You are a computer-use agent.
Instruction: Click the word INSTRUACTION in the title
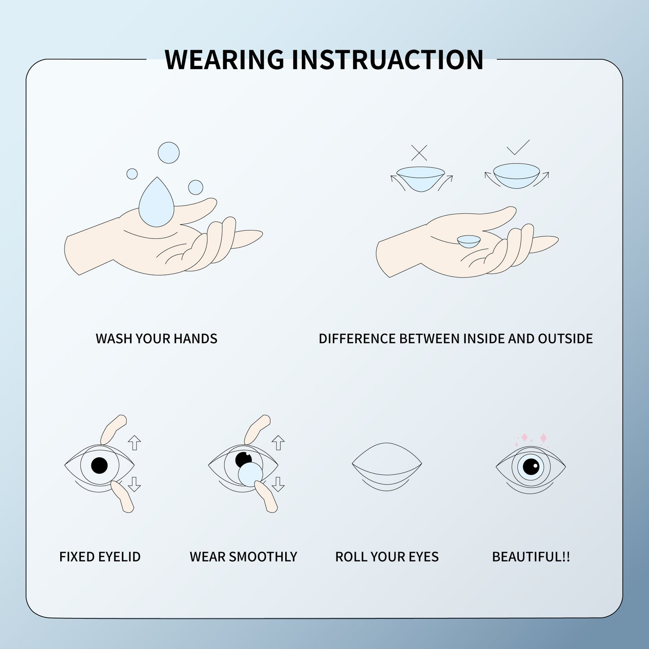click(387, 59)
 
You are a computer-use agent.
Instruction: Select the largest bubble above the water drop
click(168, 153)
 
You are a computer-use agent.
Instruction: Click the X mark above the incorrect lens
click(419, 153)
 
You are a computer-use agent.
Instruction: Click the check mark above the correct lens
click(518, 147)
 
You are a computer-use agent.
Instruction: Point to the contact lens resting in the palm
click(469, 241)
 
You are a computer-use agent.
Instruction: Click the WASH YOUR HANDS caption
click(156, 339)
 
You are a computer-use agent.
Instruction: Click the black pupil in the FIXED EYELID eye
click(99, 465)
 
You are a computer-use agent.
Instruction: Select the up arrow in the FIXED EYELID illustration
click(134, 442)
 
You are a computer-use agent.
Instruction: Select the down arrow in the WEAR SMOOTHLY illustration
click(278, 484)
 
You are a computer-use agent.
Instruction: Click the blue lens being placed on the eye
click(250, 474)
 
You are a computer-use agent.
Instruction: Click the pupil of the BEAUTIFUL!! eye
click(530, 467)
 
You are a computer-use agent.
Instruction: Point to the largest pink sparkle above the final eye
click(543, 438)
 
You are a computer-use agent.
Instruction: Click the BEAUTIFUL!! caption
click(531, 557)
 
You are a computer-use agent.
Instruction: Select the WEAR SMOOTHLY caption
click(243, 557)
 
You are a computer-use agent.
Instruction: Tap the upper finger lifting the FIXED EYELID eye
click(113, 428)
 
